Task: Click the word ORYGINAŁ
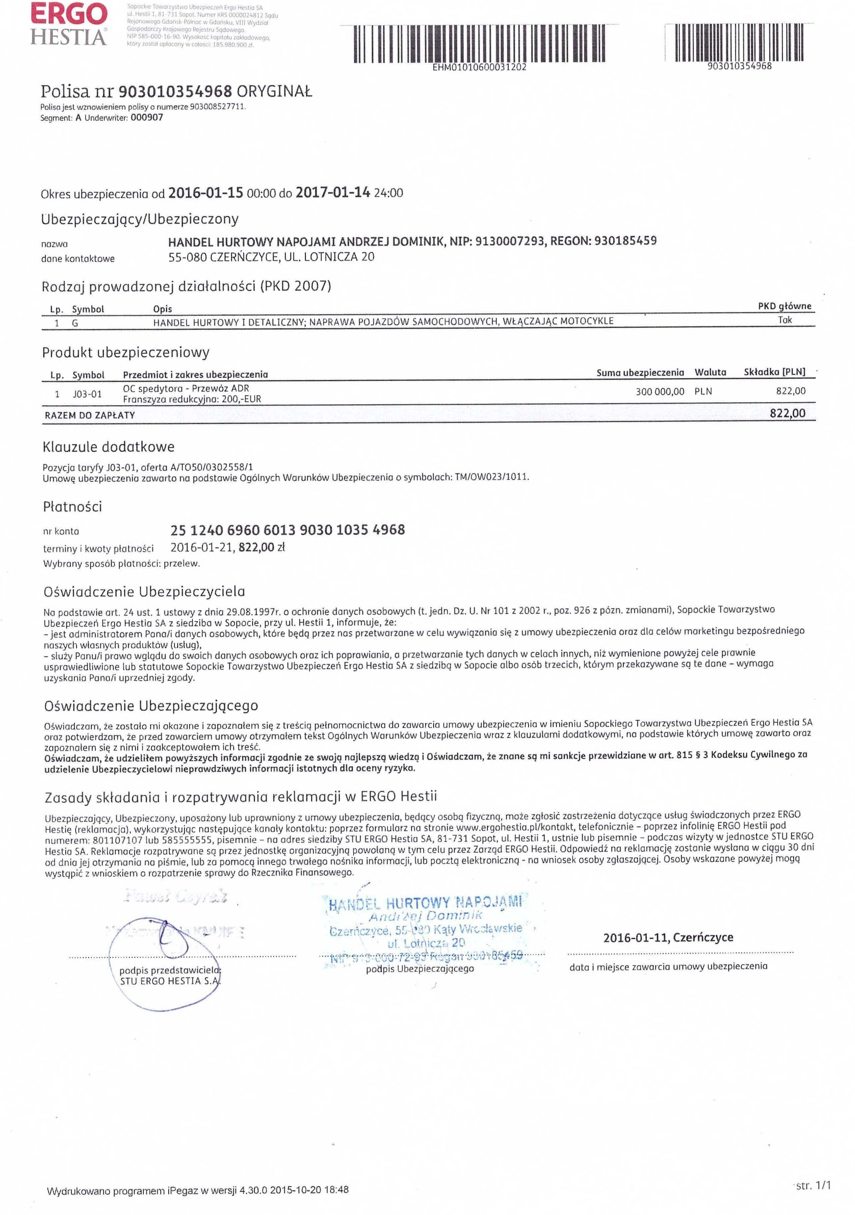[274, 92]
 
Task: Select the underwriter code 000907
[147, 118]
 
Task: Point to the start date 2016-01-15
[205, 193]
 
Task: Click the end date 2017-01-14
[332, 193]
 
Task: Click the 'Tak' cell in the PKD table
[785, 320]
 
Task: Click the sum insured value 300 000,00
[660, 392]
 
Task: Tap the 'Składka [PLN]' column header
[774, 372]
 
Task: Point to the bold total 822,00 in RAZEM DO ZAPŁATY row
[787, 413]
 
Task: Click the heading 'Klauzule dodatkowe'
[108, 447]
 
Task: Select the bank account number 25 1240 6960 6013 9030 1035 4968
[287, 530]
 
